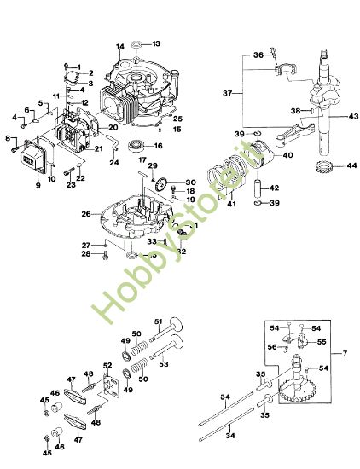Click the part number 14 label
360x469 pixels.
pos(120,45)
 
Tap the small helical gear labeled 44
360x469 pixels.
pos(324,165)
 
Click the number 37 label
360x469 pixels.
pos(227,93)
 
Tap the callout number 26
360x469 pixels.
pos(86,213)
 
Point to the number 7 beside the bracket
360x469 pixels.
pos(345,352)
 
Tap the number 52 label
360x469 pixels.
pos(107,366)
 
